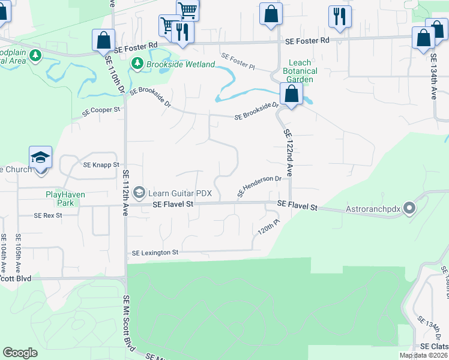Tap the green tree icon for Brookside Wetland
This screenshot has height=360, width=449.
pos(137,63)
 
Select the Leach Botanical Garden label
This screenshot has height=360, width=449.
pos(301,71)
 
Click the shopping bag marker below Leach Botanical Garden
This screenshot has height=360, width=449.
pos(291,95)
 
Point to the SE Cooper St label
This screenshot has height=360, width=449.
pos(101,110)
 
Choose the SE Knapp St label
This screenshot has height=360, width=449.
pos(101,164)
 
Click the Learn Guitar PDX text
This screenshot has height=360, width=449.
pos(180,193)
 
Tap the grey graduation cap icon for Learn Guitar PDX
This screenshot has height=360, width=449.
pos(139,192)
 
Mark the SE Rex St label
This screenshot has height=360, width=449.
pos(48,215)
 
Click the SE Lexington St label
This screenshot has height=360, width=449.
pos(155,253)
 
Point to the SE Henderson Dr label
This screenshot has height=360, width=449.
pos(259,186)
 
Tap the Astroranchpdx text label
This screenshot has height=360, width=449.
pos(373,209)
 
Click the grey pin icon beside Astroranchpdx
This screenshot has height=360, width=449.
pos(410,209)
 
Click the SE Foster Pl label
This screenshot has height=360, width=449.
pos(238,62)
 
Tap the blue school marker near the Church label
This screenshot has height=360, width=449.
pos(41,158)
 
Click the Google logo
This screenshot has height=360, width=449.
pos(20,353)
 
